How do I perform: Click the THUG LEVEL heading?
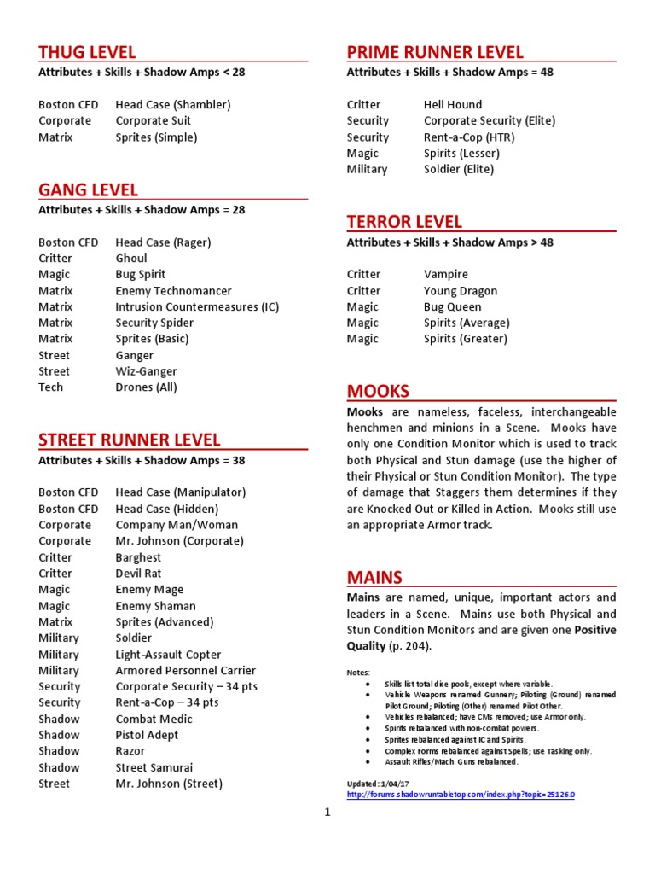click(x=87, y=52)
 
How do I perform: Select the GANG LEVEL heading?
click(x=88, y=189)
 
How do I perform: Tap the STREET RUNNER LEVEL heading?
click(x=130, y=440)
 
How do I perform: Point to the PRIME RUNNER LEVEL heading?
click(x=435, y=52)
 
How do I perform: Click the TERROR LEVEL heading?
click(x=404, y=222)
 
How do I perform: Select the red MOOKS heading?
click(x=378, y=391)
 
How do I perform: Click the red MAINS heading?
click(x=374, y=577)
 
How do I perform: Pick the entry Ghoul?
click(x=131, y=258)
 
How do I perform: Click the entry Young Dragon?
click(x=461, y=290)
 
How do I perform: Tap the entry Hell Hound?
click(x=453, y=104)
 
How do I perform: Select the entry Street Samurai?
click(x=154, y=767)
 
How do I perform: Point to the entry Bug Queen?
click(x=453, y=306)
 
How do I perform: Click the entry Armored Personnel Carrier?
click(x=186, y=670)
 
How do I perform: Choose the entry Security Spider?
click(x=154, y=323)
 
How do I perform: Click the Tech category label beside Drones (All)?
click(x=50, y=387)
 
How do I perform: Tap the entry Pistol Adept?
click(x=147, y=735)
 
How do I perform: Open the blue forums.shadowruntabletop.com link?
click(x=461, y=795)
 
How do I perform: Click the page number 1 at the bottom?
click(x=327, y=813)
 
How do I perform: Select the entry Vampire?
click(x=446, y=274)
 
